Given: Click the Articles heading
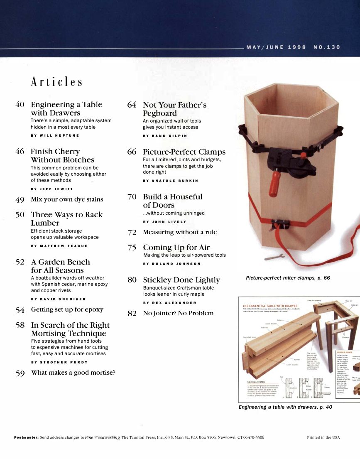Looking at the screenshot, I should (56, 82).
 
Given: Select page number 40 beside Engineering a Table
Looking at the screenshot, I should (20, 105).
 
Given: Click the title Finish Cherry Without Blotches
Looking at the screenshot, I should (62, 156).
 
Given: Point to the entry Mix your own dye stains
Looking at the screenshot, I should (67, 199).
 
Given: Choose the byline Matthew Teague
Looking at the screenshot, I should (59, 246).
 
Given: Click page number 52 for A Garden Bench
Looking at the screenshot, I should (20, 262).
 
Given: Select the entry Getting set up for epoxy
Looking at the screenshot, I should (67, 309).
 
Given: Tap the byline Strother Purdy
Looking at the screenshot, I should (59, 362).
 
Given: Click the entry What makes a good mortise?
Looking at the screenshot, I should (73, 373).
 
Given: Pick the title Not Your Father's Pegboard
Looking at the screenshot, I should (174, 109).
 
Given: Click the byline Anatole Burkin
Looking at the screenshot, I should (171, 181).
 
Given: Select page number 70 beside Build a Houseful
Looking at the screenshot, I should (132, 197).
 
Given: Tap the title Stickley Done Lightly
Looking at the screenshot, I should (181, 280).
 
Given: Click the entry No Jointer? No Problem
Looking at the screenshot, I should (178, 313).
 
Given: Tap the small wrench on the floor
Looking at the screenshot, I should (272, 257).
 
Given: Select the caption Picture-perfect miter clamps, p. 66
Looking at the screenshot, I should (288, 278).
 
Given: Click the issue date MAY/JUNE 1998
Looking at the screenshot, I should (276, 47).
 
